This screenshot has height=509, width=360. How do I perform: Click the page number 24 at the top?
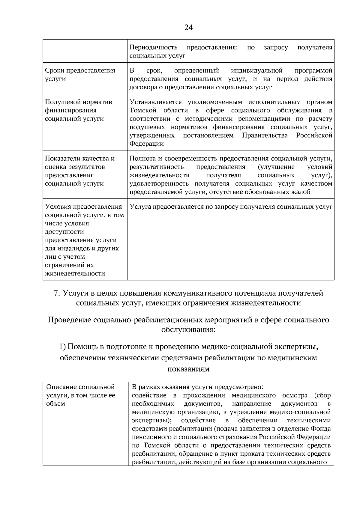tap(188, 28)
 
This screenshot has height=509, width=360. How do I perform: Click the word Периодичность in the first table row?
tap(153, 47)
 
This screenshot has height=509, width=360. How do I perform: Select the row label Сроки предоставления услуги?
tap(80, 75)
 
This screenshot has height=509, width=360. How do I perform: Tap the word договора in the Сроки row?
tap(141, 87)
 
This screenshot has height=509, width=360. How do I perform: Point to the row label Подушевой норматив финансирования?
tap(78, 106)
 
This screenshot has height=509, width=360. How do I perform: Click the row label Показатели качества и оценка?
tap(80, 163)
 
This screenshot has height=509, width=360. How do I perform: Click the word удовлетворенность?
tap(159, 183)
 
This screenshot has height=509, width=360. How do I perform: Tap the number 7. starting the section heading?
tap(57, 293)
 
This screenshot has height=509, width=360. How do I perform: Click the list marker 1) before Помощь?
tap(62, 347)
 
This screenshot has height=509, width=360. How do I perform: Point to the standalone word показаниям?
tap(188, 369)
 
